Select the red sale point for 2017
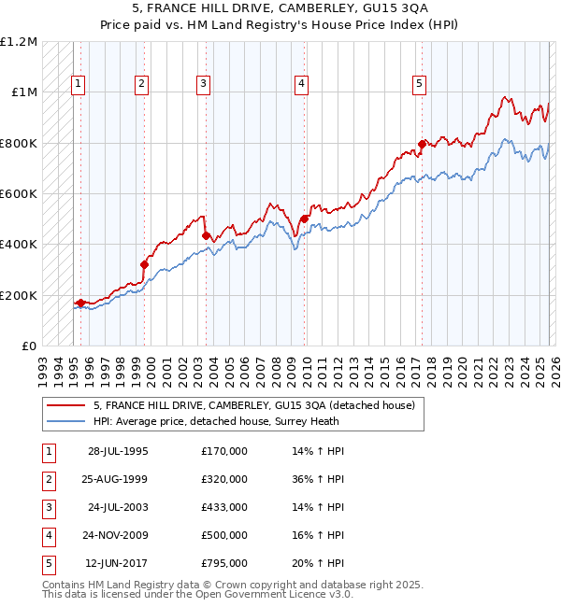pyautogui.click(x=422, y=144)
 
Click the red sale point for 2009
pyautogui.click(x=304, y=219)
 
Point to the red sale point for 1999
pyautogui.click(x=145, y=264)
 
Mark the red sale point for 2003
pyautogui.click(x=206, y=236)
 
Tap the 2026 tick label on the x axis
pyautogui.click(x=554, y=368)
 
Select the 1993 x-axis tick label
pyautogui.click(x=42, y=368)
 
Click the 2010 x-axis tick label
pyautogui.click(x=308, y=368)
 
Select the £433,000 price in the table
pyautogui.click(x=223, y=507)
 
